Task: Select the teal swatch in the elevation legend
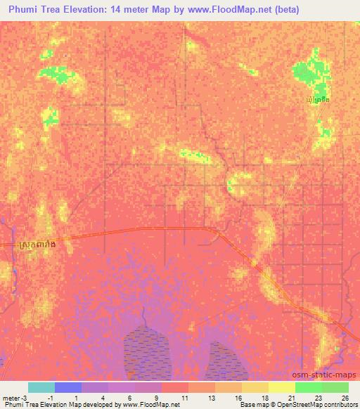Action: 41,387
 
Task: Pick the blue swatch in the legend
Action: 68,387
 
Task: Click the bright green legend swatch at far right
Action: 335,387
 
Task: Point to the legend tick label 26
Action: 344,398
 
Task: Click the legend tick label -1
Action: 47,398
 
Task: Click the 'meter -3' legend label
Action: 14,398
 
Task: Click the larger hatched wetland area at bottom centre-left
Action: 148,348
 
